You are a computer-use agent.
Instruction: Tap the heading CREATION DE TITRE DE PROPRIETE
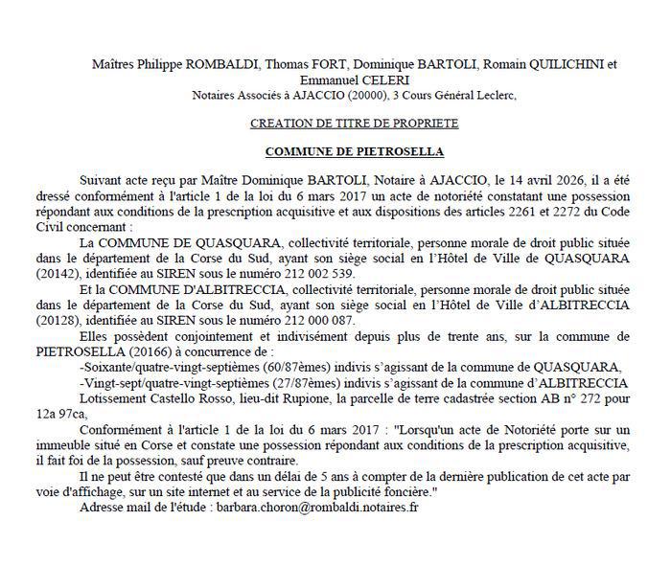pos(354,124)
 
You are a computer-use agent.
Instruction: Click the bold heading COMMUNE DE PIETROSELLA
pos(355,152)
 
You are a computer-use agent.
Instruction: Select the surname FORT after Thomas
pos(319,65)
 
